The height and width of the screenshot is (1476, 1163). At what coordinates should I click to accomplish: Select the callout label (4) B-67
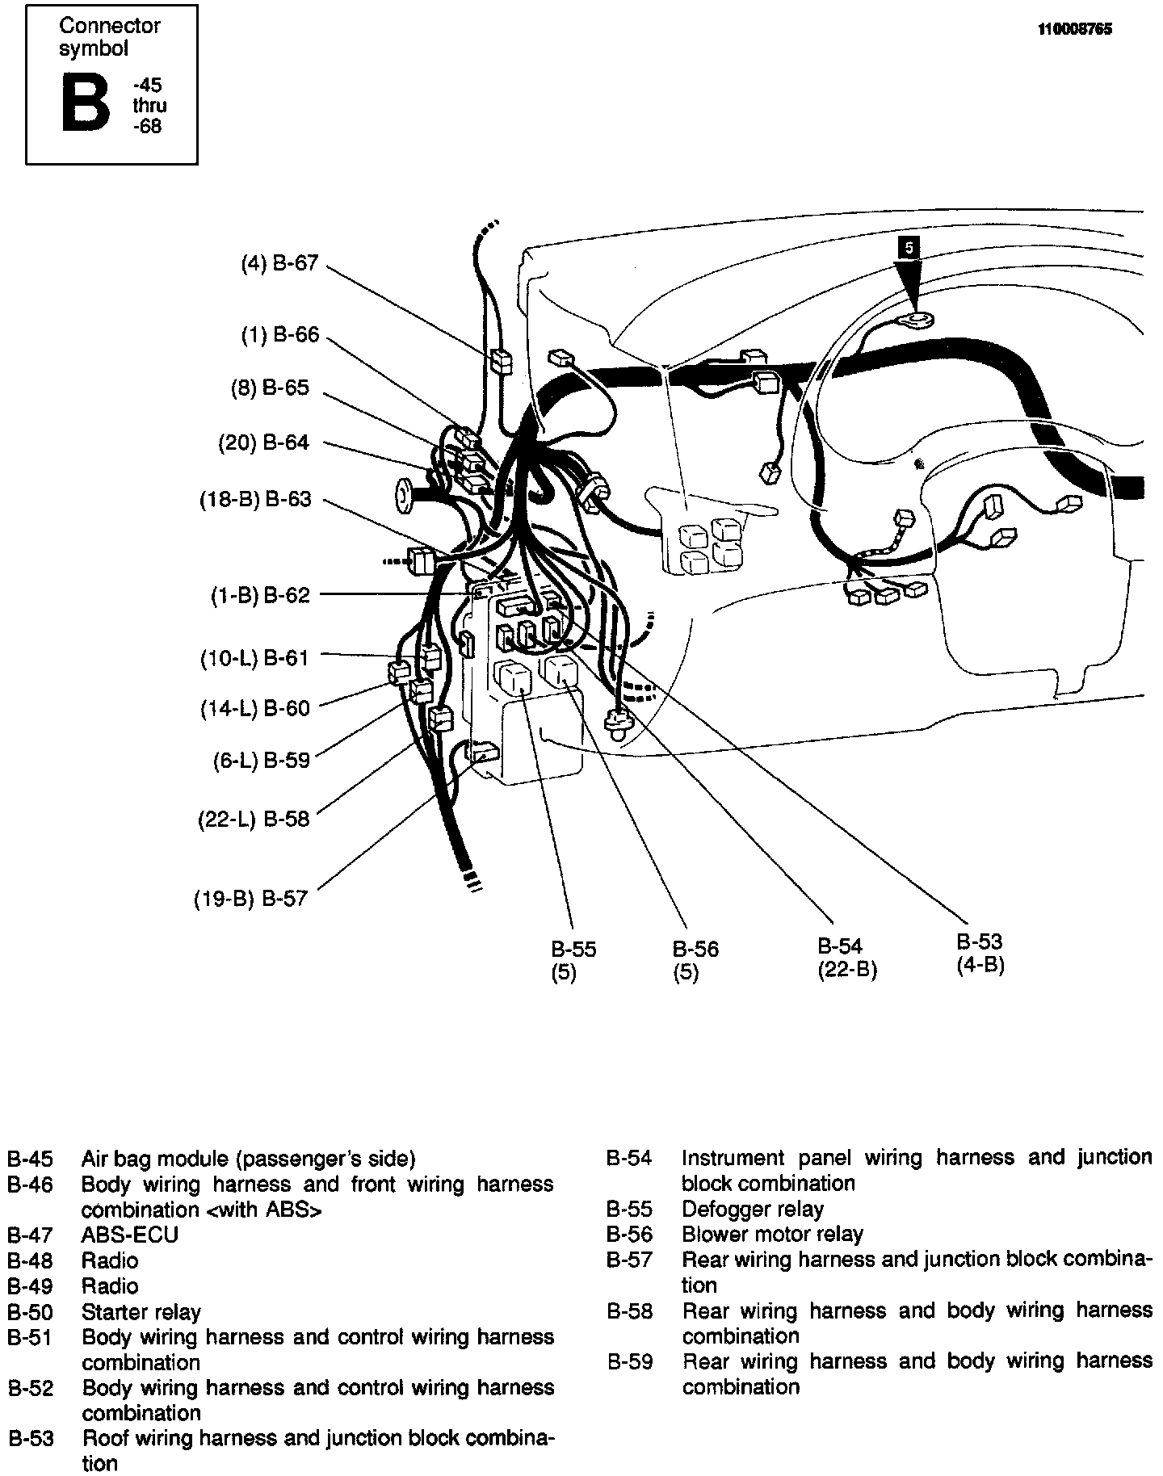click(279, 263)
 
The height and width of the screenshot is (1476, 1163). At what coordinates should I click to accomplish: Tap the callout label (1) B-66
click(279, 334)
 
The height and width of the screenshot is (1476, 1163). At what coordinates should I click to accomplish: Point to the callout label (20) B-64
click(263, 442)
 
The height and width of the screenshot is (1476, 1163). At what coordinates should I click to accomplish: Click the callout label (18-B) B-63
click(255, 500)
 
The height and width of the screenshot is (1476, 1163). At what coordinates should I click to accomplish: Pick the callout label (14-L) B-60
click(255, 708)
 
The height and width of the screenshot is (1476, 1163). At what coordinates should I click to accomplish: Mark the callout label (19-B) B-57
click(251, 899)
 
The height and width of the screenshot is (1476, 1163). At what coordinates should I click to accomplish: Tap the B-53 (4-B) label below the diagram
click(980, 953)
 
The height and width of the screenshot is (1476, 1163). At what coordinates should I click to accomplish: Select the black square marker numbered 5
click(909, 248)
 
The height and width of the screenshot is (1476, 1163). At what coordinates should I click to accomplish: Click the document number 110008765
click(1074, 30)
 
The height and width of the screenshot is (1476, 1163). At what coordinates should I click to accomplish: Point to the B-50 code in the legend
click(30, 1312)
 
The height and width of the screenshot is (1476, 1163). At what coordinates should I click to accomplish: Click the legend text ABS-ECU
click(129, 1235)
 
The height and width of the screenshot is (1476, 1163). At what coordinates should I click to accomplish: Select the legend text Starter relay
click(141, 1312)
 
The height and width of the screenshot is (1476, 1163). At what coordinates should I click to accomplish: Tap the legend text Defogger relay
click(752, 1209)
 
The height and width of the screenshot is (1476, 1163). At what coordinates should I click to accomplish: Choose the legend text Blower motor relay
click(772, 1235)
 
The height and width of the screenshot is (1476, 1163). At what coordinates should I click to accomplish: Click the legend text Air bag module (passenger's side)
click(248, 1159)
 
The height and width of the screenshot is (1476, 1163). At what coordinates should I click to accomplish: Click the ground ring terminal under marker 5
click(914, 321)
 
